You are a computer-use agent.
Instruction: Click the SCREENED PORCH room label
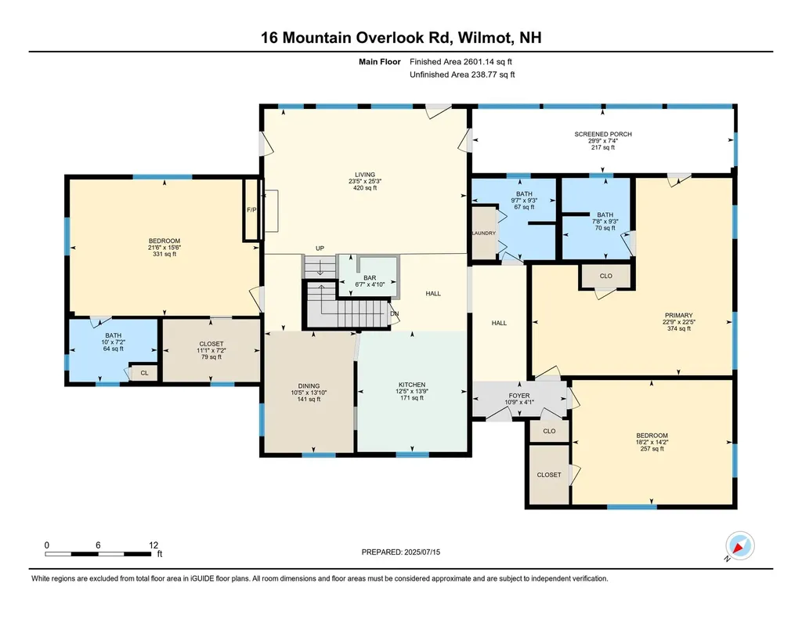click(603, 134)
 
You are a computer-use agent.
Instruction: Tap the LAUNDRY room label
click(483, 233)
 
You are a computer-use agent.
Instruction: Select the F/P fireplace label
click(251, 210)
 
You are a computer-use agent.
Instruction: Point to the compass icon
click(739, 546)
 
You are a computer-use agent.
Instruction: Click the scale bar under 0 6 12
click(98, 554)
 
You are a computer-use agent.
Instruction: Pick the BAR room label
click(370, 278)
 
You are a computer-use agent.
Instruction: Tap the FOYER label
click(519, 396)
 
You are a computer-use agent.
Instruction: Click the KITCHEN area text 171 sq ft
click(412, 398)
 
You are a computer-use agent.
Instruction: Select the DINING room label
click(309, 386)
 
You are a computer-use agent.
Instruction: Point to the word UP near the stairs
click(320, 248)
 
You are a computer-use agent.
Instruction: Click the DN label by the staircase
click(395, 313)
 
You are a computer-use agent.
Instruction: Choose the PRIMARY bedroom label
click(679, 315)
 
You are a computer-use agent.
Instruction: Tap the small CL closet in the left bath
click(144, 373)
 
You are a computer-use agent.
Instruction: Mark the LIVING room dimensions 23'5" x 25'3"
click(365, 181)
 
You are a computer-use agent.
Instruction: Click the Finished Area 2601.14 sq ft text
click(461, 62)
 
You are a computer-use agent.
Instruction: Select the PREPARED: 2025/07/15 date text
click(401, 552)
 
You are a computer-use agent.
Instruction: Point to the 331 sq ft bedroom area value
click(164, 254)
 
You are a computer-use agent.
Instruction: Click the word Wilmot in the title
click(486, 38)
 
